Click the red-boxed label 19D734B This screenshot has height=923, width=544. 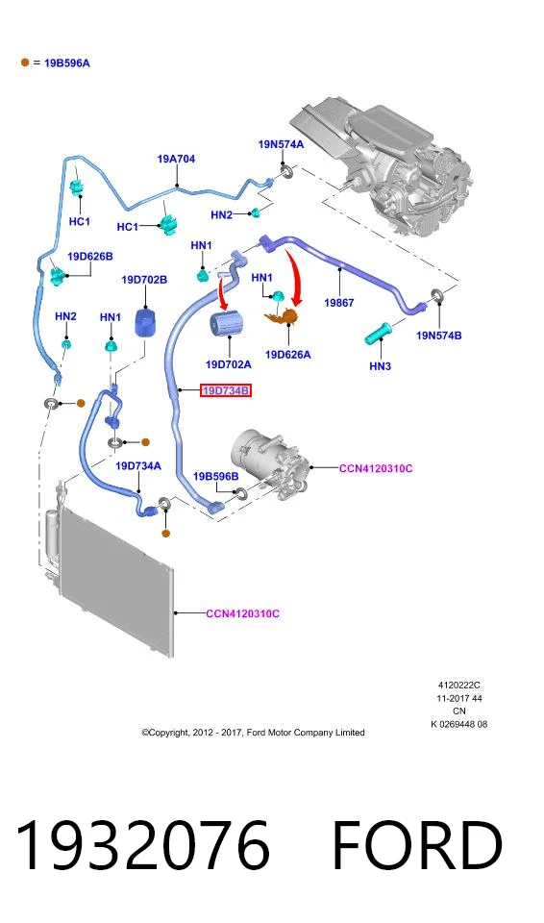click(226, 390)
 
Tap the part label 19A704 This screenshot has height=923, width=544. click(176, 159)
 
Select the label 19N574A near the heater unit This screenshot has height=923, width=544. click(282, 144)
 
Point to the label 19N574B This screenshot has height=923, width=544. click(438, 336)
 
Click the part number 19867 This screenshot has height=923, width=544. click(339, 303)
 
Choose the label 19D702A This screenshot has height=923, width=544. click(229, 364)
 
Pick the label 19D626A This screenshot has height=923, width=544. click(288, 355)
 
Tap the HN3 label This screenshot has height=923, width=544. click(381, 366)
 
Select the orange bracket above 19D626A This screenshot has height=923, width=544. click(283, 317)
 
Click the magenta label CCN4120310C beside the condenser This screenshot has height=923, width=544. click(242, 613)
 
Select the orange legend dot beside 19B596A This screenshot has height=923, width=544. click(25, 62)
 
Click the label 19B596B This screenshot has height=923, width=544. click(216, 476)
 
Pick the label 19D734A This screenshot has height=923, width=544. click(137, 466)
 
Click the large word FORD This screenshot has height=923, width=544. click(417, 845)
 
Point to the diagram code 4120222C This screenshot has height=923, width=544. click(458, 686)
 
